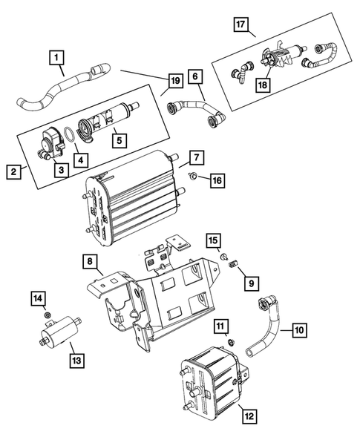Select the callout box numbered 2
pyautogui.click(x=13, y=173)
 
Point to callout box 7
pyautogui.click(x=196, y=157)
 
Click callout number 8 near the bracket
pyautogui.click(x=88, y=262)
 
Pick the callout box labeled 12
pyautogui.click(x=249, y=416)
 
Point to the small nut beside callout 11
pyautogui.click(x=231, y=341)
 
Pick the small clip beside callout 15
pyautogui.click(x=223, y=256)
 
